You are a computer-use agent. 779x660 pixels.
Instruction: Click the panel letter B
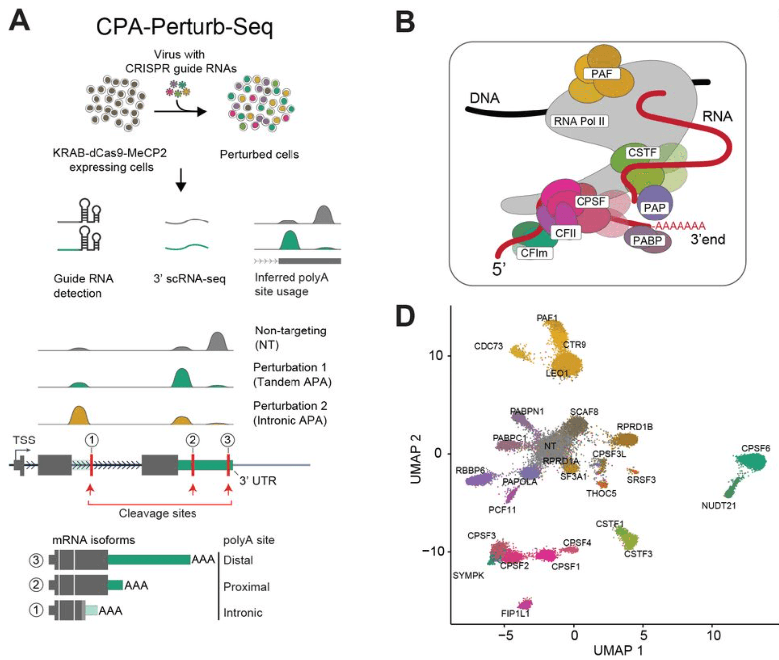(405, 22)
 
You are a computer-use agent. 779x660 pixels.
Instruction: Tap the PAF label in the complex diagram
(601, 74)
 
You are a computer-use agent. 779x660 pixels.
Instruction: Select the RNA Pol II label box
(579, 121)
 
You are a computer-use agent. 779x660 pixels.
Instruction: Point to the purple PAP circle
(655, 204)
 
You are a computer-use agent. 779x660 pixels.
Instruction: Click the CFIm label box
(534, 253)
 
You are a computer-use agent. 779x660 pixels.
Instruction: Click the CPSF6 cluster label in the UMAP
(755, 448)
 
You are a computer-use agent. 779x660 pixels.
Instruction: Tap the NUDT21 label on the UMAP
(718, 506)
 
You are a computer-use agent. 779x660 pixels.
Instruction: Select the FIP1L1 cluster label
(515, 614)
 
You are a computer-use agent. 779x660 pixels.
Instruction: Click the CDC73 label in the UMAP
(488, 346)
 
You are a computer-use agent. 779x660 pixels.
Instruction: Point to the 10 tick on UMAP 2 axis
(435, 356)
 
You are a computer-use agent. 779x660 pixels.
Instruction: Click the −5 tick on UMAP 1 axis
(505, 635)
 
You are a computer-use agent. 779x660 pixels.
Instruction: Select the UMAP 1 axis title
(618, 650)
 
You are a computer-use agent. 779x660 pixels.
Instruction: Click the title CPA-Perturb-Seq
(184, 27)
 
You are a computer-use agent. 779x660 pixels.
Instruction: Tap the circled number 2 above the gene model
(193, 440)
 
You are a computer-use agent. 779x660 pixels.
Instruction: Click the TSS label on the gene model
(24, 440)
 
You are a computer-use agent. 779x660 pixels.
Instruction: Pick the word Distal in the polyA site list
(238, 560)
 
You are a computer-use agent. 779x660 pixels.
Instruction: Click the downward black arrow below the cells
(181, 180)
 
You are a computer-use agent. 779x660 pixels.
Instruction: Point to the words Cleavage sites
(157, 513)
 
